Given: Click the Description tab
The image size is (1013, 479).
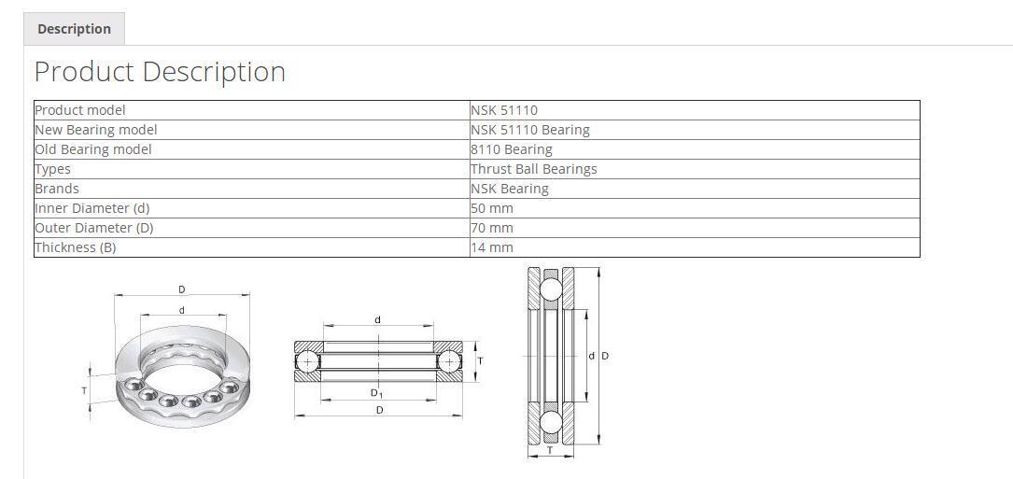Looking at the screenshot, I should tap(74, 29).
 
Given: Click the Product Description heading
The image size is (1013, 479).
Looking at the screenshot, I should tap(160, 72).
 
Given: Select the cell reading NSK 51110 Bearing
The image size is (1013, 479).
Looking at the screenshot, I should tap(529, 130).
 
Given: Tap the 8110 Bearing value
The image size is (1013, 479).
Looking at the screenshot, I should tap(511, 149).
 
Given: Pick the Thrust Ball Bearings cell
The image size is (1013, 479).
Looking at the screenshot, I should tap(533, 169).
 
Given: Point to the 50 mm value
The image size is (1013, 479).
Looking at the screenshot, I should tap(492, 208).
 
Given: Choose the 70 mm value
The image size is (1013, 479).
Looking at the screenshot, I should tap(492, 228).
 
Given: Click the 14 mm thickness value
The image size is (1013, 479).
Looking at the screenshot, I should tap(492, 247).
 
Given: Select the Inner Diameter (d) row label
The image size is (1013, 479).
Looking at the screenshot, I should tap(91, 208).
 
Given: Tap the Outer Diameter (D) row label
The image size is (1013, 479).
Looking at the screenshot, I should tap(93, 228).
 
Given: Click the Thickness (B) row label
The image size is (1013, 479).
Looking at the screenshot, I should tap(76, 247).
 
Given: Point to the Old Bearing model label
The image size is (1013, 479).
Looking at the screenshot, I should tap(92, 149).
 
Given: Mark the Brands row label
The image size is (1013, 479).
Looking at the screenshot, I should tap(57, 189).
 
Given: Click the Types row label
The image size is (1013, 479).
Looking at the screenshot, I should tap(53, 169).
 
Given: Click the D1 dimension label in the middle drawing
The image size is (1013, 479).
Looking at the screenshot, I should tap(377, 393).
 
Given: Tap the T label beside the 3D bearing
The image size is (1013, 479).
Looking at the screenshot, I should tap(84, 390).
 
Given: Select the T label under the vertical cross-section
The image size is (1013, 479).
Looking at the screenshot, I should tap(549, 451).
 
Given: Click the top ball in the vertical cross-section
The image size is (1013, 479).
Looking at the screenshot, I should tap(550, 289).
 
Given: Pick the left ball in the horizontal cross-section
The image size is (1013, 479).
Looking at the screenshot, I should tap(307, 360).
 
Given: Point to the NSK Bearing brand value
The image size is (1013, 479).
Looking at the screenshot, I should tap(509, 189).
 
